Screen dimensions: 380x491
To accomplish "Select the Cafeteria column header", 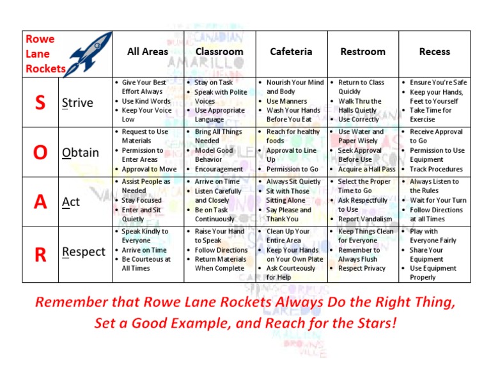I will pyautogui.click(x=291, y=52).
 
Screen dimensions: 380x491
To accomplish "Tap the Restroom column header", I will pyautogui.click(x=362, y=52).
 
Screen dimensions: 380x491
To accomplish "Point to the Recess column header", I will pyautogui.click(x=434, y=52).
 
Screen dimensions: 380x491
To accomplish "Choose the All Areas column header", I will pyautogui.click(x=148, y=52).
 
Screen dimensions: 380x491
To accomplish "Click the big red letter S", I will pyautogui.click(x=40, y=102).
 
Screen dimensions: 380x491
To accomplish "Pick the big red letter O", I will pyautogui.click(x=40, y=152).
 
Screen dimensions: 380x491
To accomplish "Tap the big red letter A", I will pyautogui.click(x=40, y=202).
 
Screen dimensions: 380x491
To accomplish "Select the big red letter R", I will pyautogui.click(x=40, y=255).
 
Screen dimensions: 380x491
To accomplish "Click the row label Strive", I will pyautogui.click(x=77, y=103).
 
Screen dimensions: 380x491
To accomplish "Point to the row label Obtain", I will pyautogui.click(x=81, y=153).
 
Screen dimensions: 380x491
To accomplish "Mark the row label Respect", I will pyautogui.click(x=84, y=252).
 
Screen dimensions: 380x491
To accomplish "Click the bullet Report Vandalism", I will pyautogui.click(x=365, y=219).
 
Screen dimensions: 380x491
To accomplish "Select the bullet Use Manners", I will pyautogui.click(x=286, y=101).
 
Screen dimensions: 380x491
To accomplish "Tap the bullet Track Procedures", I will pyautogui.click(x=436, y=170).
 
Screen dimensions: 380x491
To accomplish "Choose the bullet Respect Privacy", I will pyautogui.click(x=362, y=269).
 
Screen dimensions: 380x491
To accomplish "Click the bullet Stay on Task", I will pyautogui.click(x=214, y=83).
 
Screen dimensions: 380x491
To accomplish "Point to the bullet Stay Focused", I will pyautogui.click(x=142, y=200).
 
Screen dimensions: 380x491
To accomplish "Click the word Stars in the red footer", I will pyautogui.click(x=374, y=323).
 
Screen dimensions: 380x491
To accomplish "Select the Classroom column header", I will pyautogui.click(x=219, y=52).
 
